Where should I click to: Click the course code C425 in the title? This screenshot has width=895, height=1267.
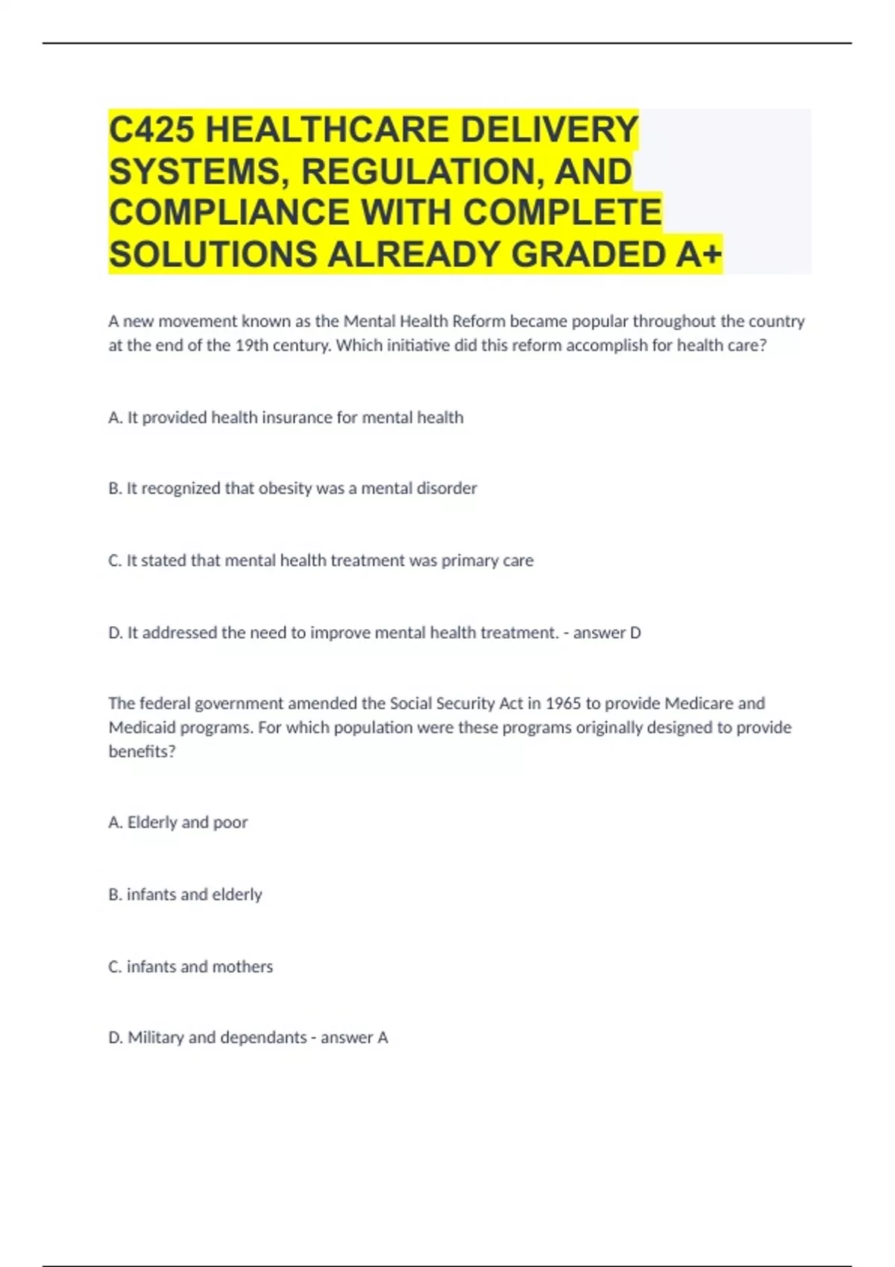(151, 130)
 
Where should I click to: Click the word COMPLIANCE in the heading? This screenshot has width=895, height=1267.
(229, 212)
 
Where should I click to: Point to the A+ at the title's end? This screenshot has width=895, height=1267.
(699, 254)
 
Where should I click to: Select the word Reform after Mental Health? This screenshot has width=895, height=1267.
(479, 321)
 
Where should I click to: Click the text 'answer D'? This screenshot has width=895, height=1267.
(606, 633)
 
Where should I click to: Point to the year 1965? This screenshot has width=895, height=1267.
(563, 704)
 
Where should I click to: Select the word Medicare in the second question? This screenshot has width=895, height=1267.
(698, 704)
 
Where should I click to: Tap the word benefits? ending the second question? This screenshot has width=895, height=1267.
(142, 751)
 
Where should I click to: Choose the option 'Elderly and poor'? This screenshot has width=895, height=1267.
(186, 822)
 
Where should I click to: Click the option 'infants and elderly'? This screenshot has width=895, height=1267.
(194, 894)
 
